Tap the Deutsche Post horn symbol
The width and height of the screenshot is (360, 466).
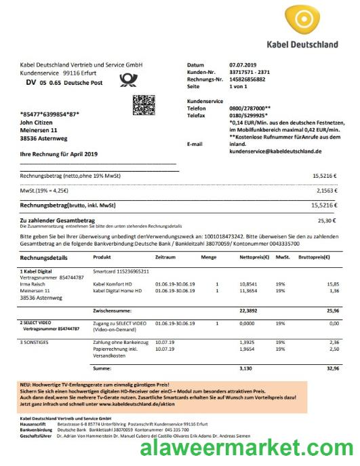coord(127,81)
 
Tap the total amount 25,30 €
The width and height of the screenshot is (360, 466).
coord(327,220)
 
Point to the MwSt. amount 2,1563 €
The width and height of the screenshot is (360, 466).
coord(325,191)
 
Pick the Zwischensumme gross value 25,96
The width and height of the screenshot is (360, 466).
coord(332,311)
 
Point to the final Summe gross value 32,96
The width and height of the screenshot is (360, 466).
coord(332,368)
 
